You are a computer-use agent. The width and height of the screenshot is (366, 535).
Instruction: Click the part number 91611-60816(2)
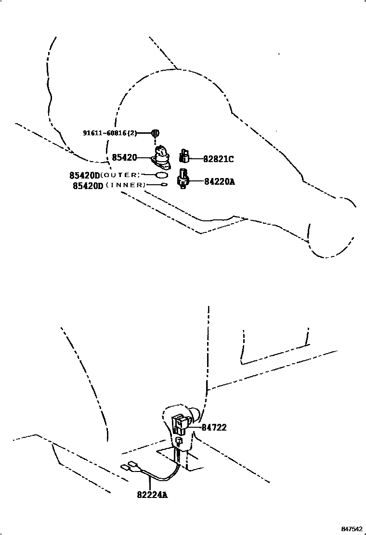point(110,133)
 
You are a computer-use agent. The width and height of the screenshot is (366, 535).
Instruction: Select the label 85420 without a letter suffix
point(124,157)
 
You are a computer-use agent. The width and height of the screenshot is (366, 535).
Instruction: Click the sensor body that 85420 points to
point(162,157)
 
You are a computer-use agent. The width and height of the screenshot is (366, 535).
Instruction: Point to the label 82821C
point(218,158)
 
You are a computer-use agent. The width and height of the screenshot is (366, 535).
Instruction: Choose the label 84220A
point(219,181)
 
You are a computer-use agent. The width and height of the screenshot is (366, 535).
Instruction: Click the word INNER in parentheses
point(125,185)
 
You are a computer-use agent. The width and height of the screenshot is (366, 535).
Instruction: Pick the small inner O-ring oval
point(164,185)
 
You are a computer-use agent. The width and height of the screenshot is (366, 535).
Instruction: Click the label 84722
point(214,427)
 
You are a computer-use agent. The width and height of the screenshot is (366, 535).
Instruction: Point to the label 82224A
point(152,494)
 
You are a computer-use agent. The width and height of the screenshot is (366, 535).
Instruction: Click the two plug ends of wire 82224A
point(127,465)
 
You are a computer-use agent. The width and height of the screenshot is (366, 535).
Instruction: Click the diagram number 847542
point(353,529)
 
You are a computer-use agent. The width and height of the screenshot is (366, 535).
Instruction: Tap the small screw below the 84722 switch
point(179,441)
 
